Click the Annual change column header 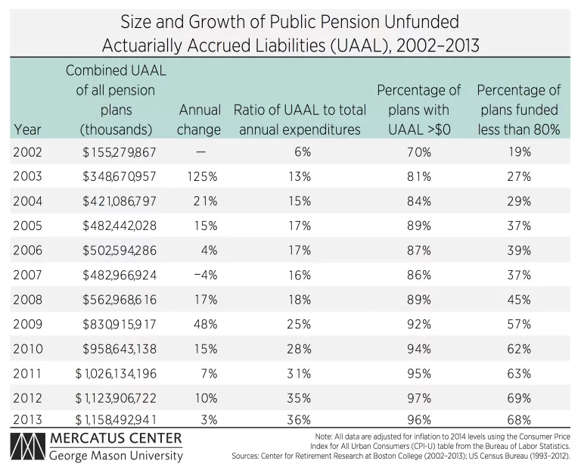(x=199, y=120)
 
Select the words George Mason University (x=116, y=456)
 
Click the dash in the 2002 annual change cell (x=200, y=152)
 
